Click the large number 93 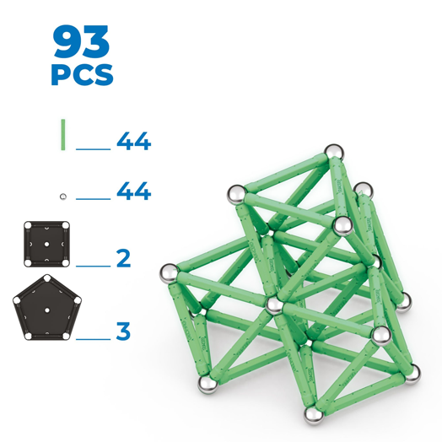pyautogui.click(x=81, y=41)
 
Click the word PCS pyautogui.click(x=82, y=75)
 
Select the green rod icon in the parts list pyautogui.click(x=63, y=135)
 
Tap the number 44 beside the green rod pyautogui.click(x=134, y=141)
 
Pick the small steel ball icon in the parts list pyautogui.click(x=63, y=197)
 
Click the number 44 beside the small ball pyautogui.click(x=134, y=191)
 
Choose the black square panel pyautogui.click(x=46, y=244)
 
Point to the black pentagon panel pyautogui.click(x=47, y=308)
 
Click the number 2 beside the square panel pyautogui.click(x=124, y=258)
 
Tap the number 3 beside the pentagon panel pyautogui.click(x=123, y=331)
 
